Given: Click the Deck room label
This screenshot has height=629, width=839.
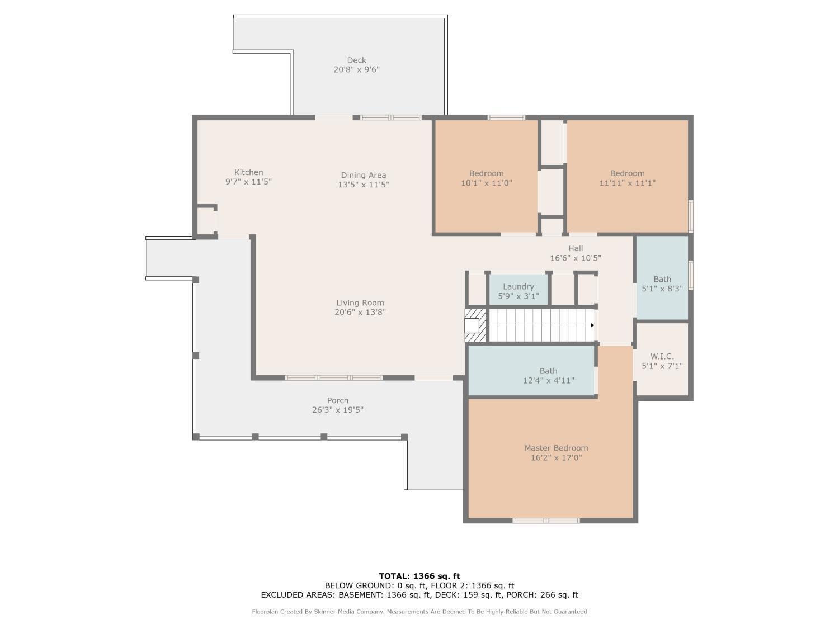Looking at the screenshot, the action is (x=356, y=60).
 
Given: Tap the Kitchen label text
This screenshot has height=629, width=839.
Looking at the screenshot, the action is (x=248, y=172).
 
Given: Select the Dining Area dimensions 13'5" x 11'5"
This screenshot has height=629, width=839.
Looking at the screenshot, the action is (x=363, y=185).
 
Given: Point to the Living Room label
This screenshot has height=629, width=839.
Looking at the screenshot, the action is (x=360, y=302).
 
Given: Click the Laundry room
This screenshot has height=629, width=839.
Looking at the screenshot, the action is (x=519, y=290).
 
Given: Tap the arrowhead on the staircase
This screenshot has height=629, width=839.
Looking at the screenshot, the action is (x=592, y=325).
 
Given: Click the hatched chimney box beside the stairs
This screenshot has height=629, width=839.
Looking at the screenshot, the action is (x=475, y=325).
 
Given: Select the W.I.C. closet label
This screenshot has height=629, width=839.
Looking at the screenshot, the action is (x=662, y=356).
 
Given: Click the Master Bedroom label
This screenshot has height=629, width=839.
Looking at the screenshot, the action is (x=556, y=448).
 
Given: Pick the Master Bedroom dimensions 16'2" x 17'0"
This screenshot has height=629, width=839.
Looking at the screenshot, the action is (x=556, y=457).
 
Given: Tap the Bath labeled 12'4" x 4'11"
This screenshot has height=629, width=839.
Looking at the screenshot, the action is (x=531, y=370).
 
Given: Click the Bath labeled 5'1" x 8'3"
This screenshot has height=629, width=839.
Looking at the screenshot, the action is (x=662, y=277).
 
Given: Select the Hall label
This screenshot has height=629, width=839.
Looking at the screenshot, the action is (x=575, y=248).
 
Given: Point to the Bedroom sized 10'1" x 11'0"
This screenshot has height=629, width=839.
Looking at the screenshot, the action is (x=486, y=176).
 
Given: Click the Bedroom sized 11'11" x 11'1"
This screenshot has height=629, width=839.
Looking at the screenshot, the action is (x=627, y=176).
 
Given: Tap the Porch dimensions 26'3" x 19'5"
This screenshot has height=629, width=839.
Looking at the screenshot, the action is (x=337, y=410).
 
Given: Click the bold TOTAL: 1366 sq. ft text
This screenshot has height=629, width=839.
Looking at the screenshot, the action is (x=419, y=576).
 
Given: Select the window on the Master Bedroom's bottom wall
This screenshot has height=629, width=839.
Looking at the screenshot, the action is (x=546, y=521).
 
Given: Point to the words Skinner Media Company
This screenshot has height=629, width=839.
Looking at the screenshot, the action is (x=349, y=612).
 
